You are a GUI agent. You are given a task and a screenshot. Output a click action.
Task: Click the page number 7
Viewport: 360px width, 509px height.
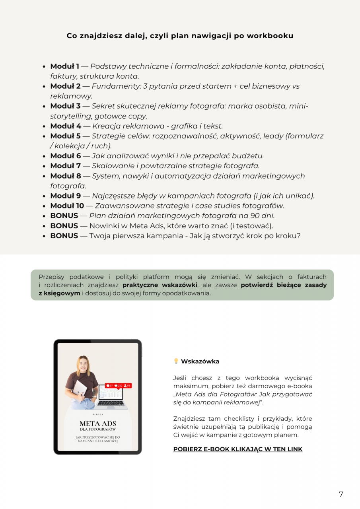click(x=341, y=494)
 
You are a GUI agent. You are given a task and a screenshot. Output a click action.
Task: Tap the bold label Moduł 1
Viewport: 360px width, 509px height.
click(x=64, y=66)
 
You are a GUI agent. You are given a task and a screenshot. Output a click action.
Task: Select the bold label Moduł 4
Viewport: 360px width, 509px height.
click(x=66, y=126)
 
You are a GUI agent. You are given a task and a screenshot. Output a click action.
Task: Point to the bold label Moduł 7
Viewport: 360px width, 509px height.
click(x=65, y=166)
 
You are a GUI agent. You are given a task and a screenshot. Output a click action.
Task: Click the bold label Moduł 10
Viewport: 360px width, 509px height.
click(x=67, y=206)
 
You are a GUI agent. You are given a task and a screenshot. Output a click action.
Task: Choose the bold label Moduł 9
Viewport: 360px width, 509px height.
click(x=66, y=196)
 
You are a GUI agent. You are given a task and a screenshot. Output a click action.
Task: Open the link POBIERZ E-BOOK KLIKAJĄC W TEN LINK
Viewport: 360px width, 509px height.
click(x=237, y=449)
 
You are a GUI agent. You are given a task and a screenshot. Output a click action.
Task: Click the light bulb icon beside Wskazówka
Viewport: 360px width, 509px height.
click(x=176, y=361)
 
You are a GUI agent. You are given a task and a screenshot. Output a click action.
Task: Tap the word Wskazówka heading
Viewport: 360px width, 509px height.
click(x=200, y=361)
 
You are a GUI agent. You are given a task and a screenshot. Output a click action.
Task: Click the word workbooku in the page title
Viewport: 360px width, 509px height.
click(x=270, y=36)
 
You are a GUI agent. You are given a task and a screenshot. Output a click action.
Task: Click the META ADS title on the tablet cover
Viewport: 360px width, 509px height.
click(x=97, y=423)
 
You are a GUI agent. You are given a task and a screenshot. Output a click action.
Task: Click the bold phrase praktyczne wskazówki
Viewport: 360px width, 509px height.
click(x=160, y=285)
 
